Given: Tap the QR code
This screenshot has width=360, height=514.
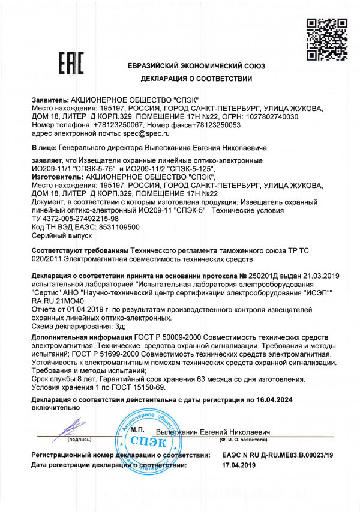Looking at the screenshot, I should pos(322,37).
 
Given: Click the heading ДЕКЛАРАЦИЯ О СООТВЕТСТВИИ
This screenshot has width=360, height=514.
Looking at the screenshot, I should pos(196,79).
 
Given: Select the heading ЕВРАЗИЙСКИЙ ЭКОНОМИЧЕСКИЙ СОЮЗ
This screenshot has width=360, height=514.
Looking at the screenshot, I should pos(197,65).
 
